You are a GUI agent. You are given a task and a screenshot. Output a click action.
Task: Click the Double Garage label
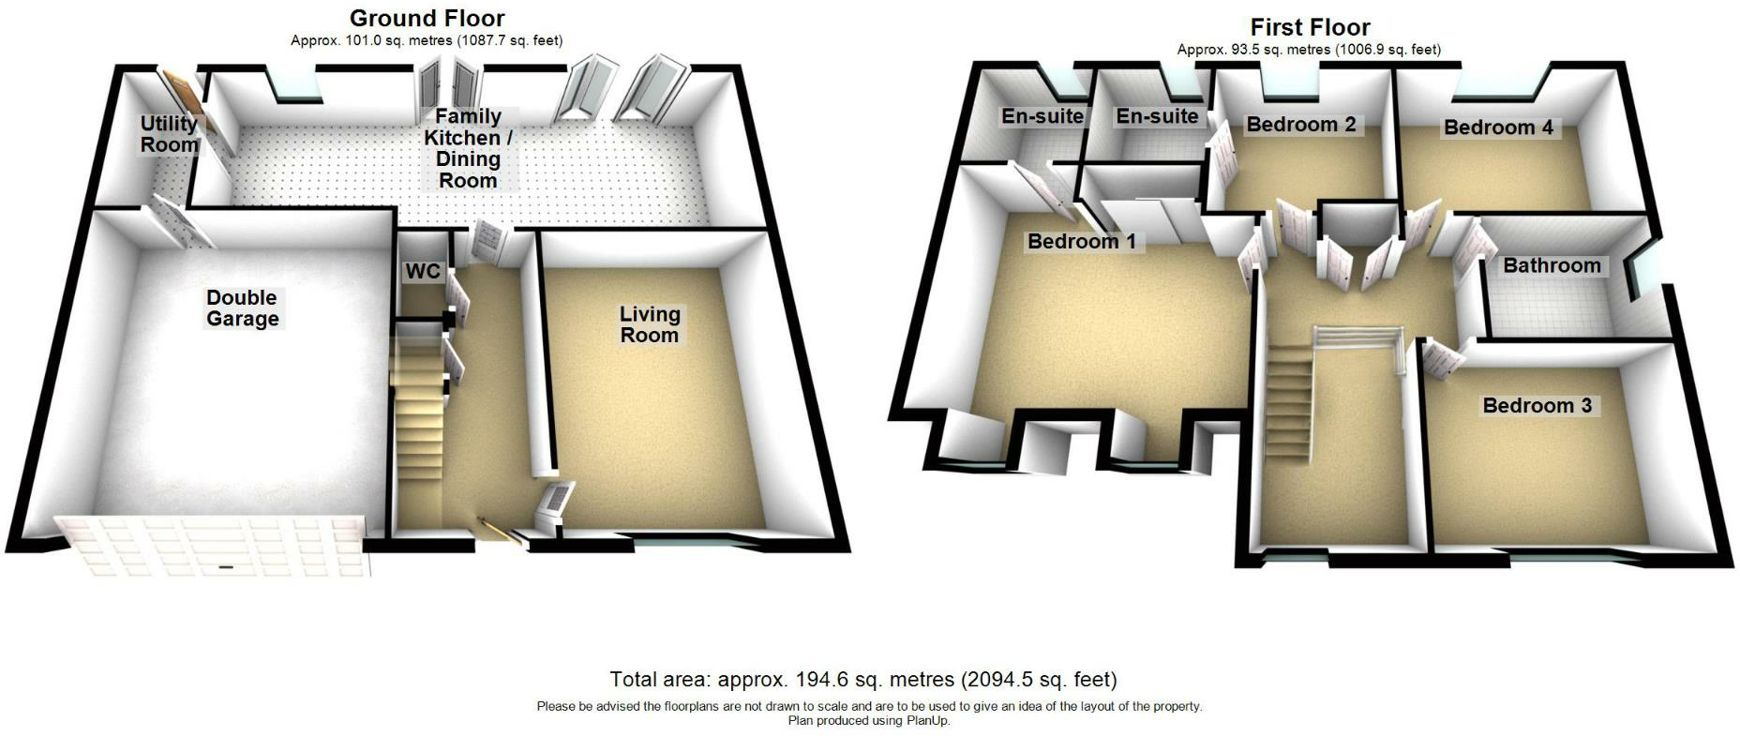(x=242, y=308)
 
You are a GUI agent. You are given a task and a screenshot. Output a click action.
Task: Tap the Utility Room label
(x=169, y=134)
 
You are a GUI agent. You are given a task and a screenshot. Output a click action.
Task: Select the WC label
(x=422, y=272)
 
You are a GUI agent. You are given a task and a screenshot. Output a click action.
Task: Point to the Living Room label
(x=649, y=325)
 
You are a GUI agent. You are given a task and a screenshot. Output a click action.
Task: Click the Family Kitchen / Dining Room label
(x=468, y=148)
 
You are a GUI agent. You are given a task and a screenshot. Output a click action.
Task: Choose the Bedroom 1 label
(x=1081, y=242)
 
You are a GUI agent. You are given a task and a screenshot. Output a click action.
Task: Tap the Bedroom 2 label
(x=1300, y=125)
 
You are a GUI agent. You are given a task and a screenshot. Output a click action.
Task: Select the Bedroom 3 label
(x=1537, y=406)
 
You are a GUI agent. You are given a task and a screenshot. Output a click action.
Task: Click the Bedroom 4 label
(x=1498, y=128)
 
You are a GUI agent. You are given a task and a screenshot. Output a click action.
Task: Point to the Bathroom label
(x=1552, y=266)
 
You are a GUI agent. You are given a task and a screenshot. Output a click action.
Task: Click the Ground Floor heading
(x=427, y=18)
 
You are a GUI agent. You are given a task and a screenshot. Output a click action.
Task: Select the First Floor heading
(x=1310, y=27)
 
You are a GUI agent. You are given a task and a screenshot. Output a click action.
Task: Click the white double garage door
(x=211, y=546)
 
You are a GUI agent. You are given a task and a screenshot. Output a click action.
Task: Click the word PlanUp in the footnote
(x=927, y=721)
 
